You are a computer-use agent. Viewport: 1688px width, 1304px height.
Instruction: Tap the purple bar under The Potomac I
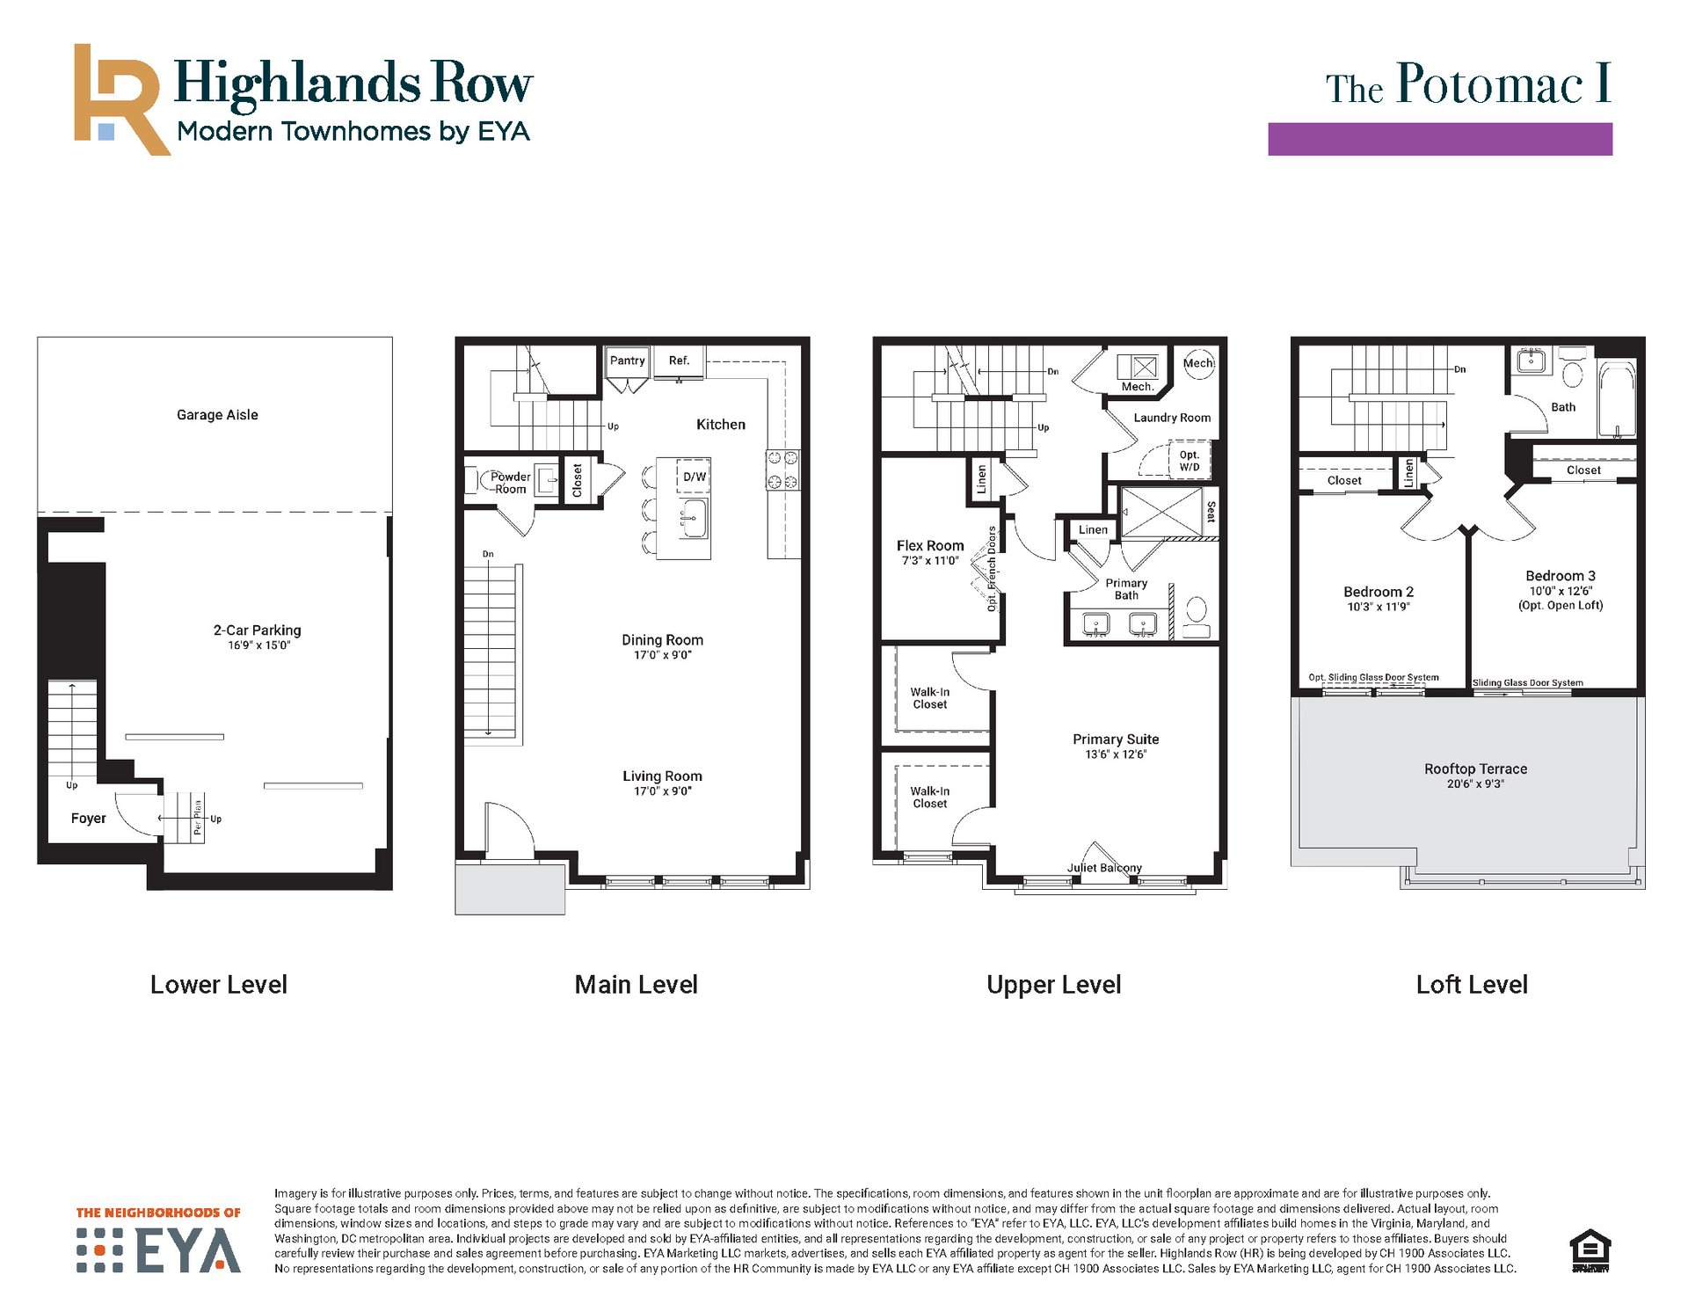pyautogui.click(x=1439, y=139)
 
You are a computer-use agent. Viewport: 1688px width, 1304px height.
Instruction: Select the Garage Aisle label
pyautogui.click(x=217, y=415)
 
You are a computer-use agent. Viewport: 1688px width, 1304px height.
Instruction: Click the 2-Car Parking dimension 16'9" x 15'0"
pyautogui.click(x=258, y=645)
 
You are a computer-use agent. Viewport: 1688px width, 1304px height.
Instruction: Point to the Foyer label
pyautogui.click(x=88, y=819)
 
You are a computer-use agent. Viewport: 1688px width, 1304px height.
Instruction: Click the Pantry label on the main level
pyautogui.click(x=628, y=361)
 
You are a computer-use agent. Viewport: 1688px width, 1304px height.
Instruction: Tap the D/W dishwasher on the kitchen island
pyautogui.click(x=694, y=477)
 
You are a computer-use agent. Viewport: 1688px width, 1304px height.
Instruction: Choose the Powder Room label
pyautogui.click(x=510, y=483)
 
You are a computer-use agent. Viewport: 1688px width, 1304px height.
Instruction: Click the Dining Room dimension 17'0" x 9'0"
pyautogui.click(x=663, y=655)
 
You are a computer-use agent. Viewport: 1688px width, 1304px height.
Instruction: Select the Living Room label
pyautogui.click(x=662, y=776)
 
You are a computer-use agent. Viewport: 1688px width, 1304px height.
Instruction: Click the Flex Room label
pyautogui.click(x=930, y=546)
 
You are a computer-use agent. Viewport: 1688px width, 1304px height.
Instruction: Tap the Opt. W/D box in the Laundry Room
pyautogui.click(x=1190, y=460)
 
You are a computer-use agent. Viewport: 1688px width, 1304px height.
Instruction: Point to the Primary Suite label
pyautogui.click(x=1116, y=739)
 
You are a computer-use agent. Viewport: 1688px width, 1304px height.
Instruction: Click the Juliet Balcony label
pyautogui.click(x=1104, y=868)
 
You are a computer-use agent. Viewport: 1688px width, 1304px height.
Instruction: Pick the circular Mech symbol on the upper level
pyautogui.click(x=1198, y=363)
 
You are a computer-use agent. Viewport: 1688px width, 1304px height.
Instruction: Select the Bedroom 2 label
pyautogui.click(x=1379, y=592)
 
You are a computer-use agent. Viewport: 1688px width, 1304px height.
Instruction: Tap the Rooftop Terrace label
pyautogui.click(x=1475, y=769)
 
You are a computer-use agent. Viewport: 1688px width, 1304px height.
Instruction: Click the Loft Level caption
pyautogui.click(x=1472, y=985)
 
